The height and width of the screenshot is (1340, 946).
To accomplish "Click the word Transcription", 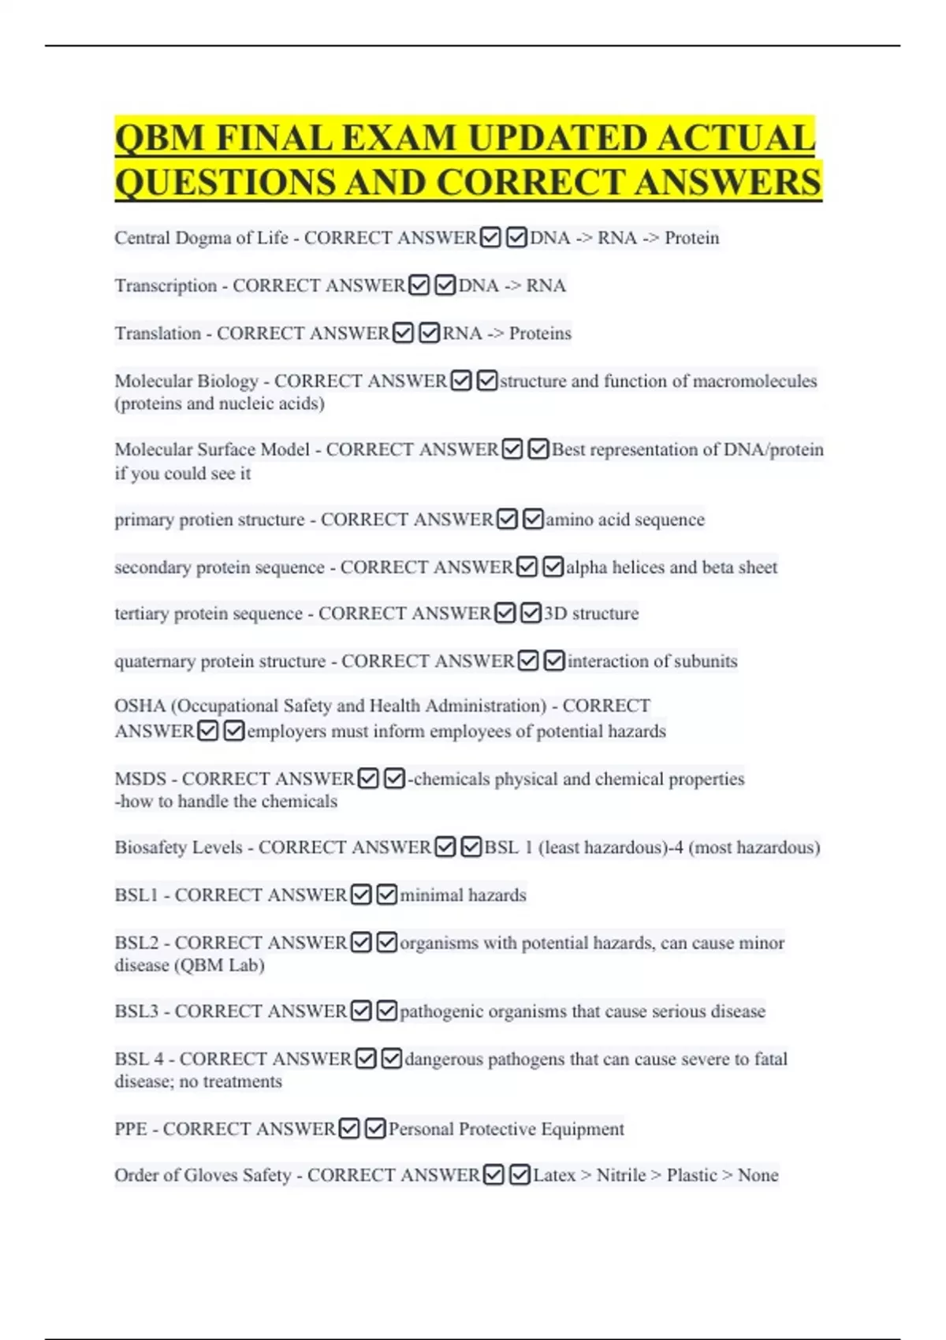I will pos(166,285).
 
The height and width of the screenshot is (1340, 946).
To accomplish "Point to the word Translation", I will pos(158,333).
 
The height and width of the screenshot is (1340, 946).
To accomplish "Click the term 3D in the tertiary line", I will pos(555,614).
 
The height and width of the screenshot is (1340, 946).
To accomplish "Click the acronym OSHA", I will pos(140,706).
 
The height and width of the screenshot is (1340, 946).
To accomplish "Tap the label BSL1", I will pos(136,895).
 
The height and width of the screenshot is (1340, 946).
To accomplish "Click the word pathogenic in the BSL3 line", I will pos(441,1011).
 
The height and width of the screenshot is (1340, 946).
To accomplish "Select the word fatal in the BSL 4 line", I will pos(770,1059).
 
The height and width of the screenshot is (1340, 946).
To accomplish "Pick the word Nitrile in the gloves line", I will pos(621,1175).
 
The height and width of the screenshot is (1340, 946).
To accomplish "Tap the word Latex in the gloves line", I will pos(554,1175).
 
